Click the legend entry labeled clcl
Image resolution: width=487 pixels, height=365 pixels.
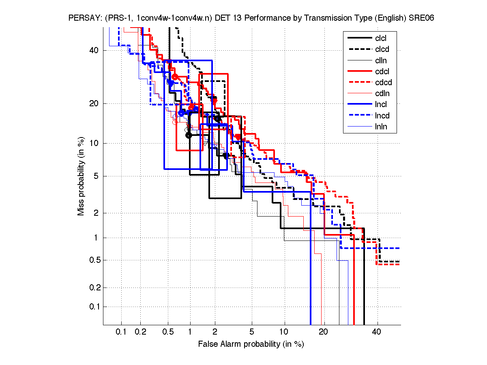(381, 38)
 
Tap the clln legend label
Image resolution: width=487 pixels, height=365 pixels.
(381, 60)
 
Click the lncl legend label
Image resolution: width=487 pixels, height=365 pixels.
(381, 105)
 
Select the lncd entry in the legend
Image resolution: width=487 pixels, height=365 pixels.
(382, 116)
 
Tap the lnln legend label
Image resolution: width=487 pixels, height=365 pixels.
(381, 127)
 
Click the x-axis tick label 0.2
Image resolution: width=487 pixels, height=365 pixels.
(140, 332)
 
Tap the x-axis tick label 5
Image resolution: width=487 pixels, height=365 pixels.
(252, 332)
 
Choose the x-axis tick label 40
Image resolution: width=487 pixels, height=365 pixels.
(377, 332)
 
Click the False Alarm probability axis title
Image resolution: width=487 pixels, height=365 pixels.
(251, 344)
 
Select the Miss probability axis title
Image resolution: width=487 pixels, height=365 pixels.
(81, 177)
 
